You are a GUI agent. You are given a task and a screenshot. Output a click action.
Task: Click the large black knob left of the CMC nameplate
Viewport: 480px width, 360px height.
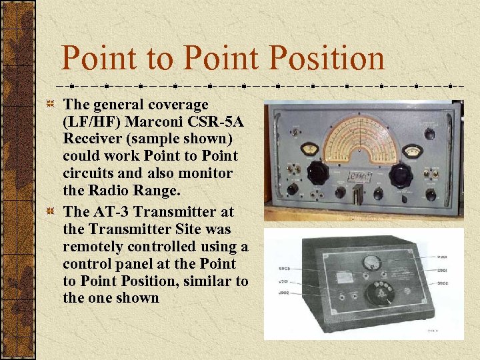point(317,173)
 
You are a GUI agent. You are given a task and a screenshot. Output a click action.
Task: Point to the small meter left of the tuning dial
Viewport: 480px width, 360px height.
point(309,149)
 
